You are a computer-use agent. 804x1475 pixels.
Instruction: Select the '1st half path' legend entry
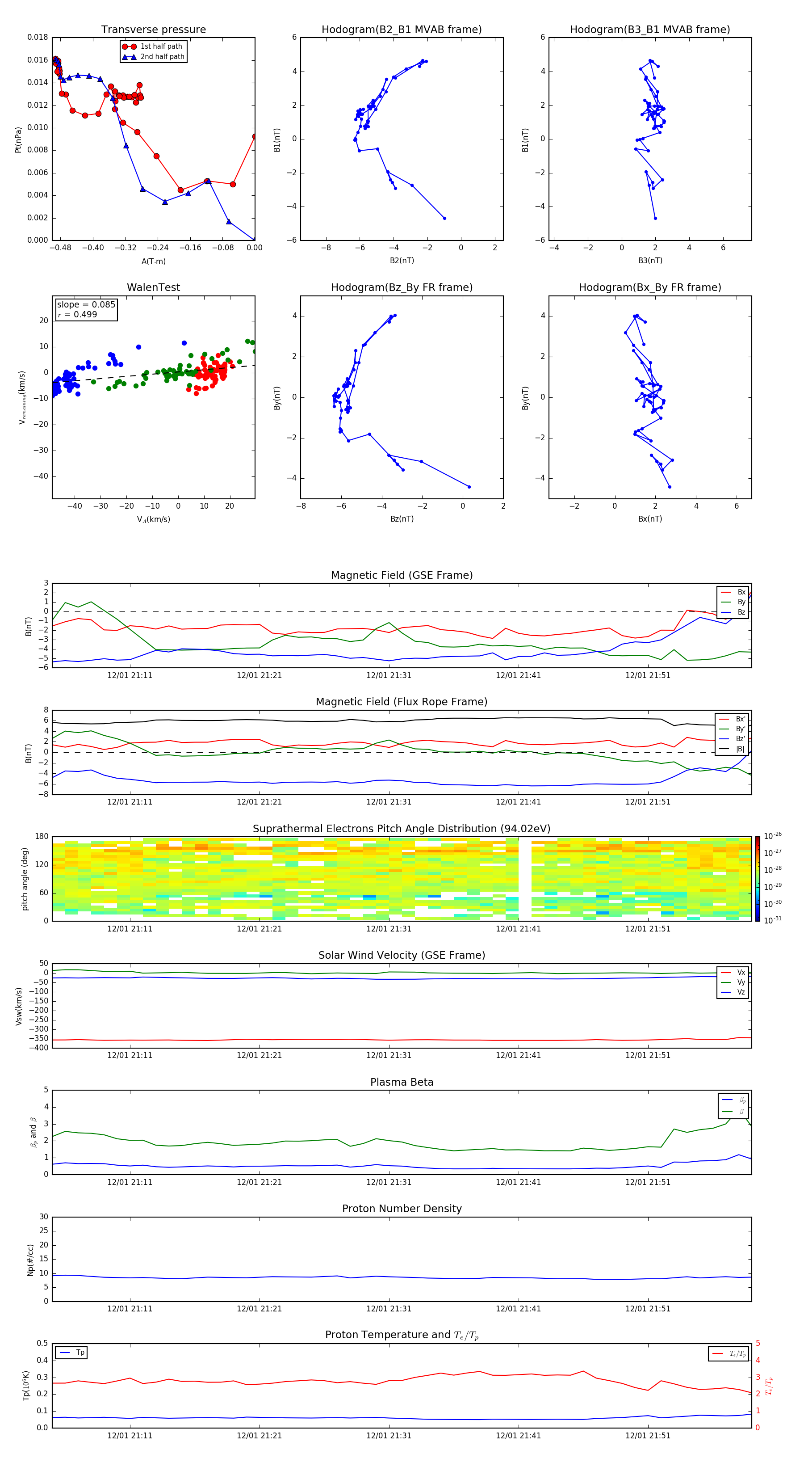tap(161, 46)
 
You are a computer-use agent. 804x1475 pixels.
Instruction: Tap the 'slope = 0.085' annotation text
tap(86, 305)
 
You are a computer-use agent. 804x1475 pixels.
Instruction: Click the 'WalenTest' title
tap(153, 287)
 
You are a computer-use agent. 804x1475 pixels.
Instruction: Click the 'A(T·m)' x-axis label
tap(153, 261)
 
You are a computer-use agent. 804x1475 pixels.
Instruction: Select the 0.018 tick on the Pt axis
tap(38, 37)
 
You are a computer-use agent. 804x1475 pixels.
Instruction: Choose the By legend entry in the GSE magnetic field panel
tap(741, 602)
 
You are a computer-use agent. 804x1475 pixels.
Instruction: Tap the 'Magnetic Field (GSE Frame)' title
tap(402, 575)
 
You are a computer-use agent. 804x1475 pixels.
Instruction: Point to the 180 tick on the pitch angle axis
tap(42, 837)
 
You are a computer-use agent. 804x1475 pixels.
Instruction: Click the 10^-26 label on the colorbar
tap(773, 836)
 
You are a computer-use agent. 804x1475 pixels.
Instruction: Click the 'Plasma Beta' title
tap(402, 1082)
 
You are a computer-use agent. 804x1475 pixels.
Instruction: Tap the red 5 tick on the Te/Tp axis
tap(758, 1343)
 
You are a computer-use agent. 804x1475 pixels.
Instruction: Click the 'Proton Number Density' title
tap(402, 1209)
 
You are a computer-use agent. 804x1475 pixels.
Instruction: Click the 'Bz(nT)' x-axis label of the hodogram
tap(402, 519)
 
